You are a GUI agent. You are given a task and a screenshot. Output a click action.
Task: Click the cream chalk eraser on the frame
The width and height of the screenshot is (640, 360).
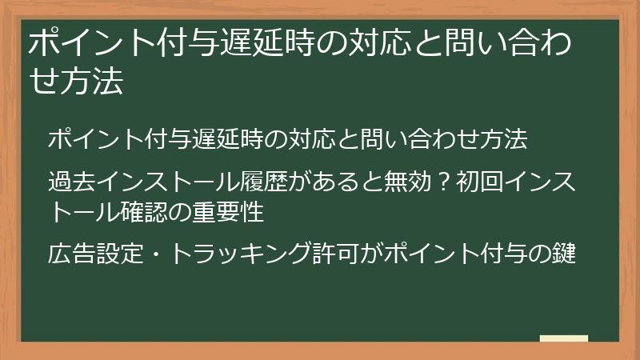[564, 339]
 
